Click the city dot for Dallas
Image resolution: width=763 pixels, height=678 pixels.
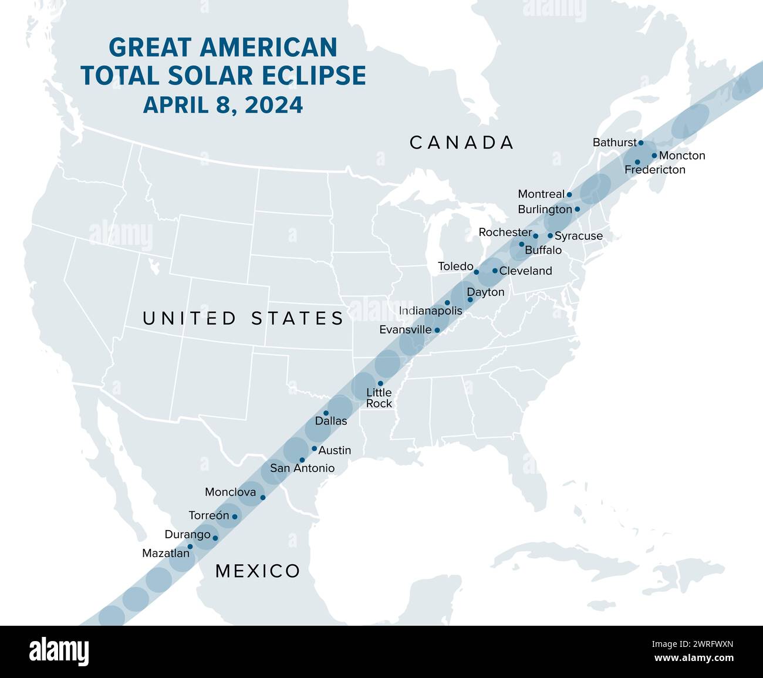tap(326, 413)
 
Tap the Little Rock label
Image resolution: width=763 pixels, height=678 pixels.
tap(379, 398)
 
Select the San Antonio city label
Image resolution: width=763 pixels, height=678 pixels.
tap(302, 468)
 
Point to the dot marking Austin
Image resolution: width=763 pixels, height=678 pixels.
tap(314, 448)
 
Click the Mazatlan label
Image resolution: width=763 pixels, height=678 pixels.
tap(166, 553)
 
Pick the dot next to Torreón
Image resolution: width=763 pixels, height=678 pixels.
tap(235, 517)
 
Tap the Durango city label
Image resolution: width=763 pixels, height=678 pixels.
tap(187, 535)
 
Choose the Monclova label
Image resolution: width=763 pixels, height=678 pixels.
tap(230, 492)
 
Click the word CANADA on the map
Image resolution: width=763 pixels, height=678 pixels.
tap(462, 143)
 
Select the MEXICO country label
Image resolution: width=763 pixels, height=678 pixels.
tap(258, 571)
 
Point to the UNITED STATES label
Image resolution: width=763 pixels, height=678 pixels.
tap(243, 318)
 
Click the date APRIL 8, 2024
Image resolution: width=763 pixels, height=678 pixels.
tap(223, 105)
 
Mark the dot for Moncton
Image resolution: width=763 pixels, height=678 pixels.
tap(654, 156)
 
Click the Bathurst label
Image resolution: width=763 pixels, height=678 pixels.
tap(615, 143)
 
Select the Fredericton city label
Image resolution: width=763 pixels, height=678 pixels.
tap(655, 170)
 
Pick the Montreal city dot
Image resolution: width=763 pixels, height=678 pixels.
tap(569, 194)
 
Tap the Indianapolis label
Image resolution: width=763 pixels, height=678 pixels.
tap(430, 311)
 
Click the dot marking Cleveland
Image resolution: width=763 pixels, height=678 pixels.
tap(495, 271)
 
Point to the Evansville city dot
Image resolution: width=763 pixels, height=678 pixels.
tap(437, 330)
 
